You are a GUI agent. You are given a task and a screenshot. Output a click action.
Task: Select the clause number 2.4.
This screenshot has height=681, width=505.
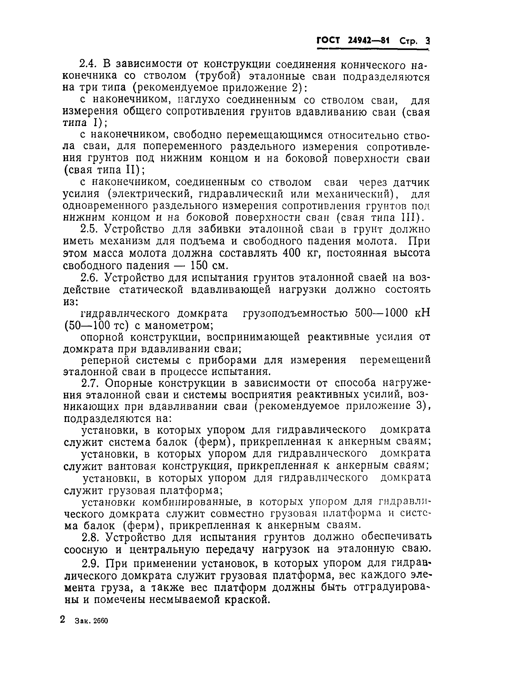(x=89, y=64)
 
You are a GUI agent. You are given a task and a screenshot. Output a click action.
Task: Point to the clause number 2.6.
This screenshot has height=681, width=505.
(x=89, y=277)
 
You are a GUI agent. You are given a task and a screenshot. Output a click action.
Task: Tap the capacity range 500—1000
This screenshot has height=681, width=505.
(x=381, y=314)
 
